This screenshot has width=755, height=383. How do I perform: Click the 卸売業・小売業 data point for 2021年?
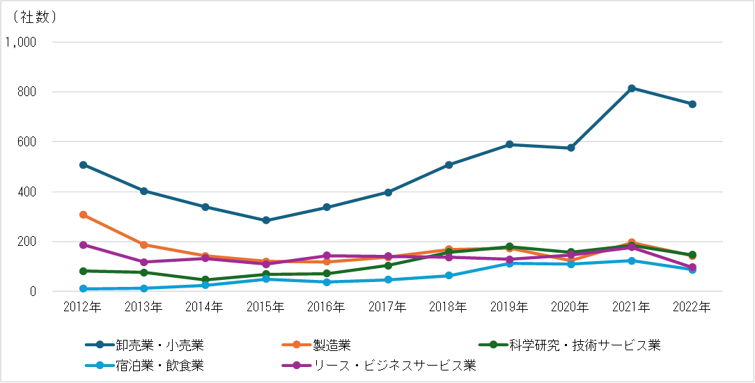coord(632,88)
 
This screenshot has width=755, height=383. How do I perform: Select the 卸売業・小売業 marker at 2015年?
coord(266,220)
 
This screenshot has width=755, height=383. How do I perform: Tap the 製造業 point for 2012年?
coord(83,214)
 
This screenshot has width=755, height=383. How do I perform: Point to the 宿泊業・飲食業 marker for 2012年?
coord(83,289)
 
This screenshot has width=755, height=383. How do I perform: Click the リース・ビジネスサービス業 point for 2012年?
coord(83,245)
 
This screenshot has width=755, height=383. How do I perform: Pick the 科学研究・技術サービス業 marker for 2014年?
coord(205,280)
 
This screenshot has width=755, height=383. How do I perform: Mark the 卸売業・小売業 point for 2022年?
coord(692,104)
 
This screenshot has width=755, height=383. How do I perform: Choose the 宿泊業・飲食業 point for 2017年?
coord(388,280)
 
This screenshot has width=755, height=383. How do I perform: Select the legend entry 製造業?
coord(332,345)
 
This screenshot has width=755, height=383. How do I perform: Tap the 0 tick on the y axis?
coord(32,292)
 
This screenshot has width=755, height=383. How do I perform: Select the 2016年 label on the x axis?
coord(327,306)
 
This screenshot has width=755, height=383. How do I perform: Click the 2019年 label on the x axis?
coord(510,306)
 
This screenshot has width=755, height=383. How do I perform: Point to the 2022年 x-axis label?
coord(692,306)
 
